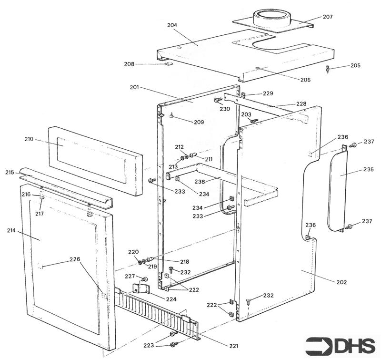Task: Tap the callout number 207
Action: coord(328,17)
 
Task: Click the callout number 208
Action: coord(129,64)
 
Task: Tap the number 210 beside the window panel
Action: coord(29,139)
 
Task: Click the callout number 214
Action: coord(11,230)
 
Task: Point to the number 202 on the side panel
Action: coord(341,282)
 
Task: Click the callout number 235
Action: coord(368,169)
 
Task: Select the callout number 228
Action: coord(301,103)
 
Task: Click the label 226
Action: coord(75,259)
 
